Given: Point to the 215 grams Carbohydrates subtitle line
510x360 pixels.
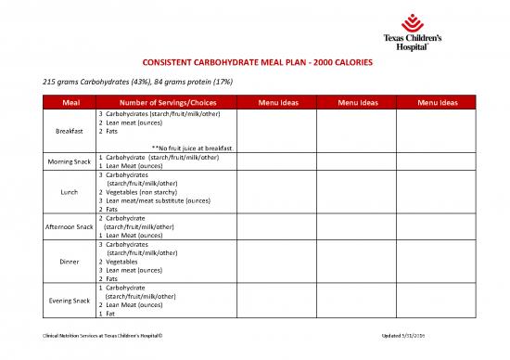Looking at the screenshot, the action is click(119, 82).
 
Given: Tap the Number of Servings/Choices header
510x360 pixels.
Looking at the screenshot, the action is click(162, 102).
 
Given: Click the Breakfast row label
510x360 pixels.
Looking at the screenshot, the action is click(70, 131).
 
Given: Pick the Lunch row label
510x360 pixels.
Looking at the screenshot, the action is click(70, 192).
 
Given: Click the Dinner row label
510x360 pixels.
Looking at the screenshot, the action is click(70, 262).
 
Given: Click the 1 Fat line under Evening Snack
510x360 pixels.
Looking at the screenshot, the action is click(105, 313).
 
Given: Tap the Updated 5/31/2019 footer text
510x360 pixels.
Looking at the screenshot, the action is click(423, 335).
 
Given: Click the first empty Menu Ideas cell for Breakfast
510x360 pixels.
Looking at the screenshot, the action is click(277, 131).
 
